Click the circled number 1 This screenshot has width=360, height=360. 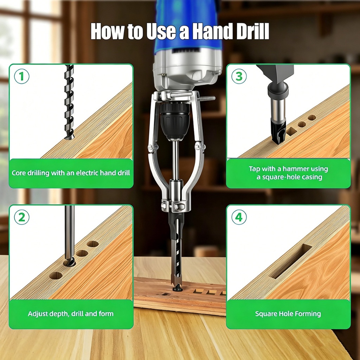point(21,76)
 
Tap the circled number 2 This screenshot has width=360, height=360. point(21,217)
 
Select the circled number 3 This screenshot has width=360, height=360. point(239,76)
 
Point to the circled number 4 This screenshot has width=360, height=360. point(239,217)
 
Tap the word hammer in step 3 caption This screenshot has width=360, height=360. point(296,169)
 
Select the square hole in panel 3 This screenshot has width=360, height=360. point(291,131)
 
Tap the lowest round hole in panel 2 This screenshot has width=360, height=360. point(56,276)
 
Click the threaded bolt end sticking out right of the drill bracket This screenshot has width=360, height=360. point(207,98)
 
